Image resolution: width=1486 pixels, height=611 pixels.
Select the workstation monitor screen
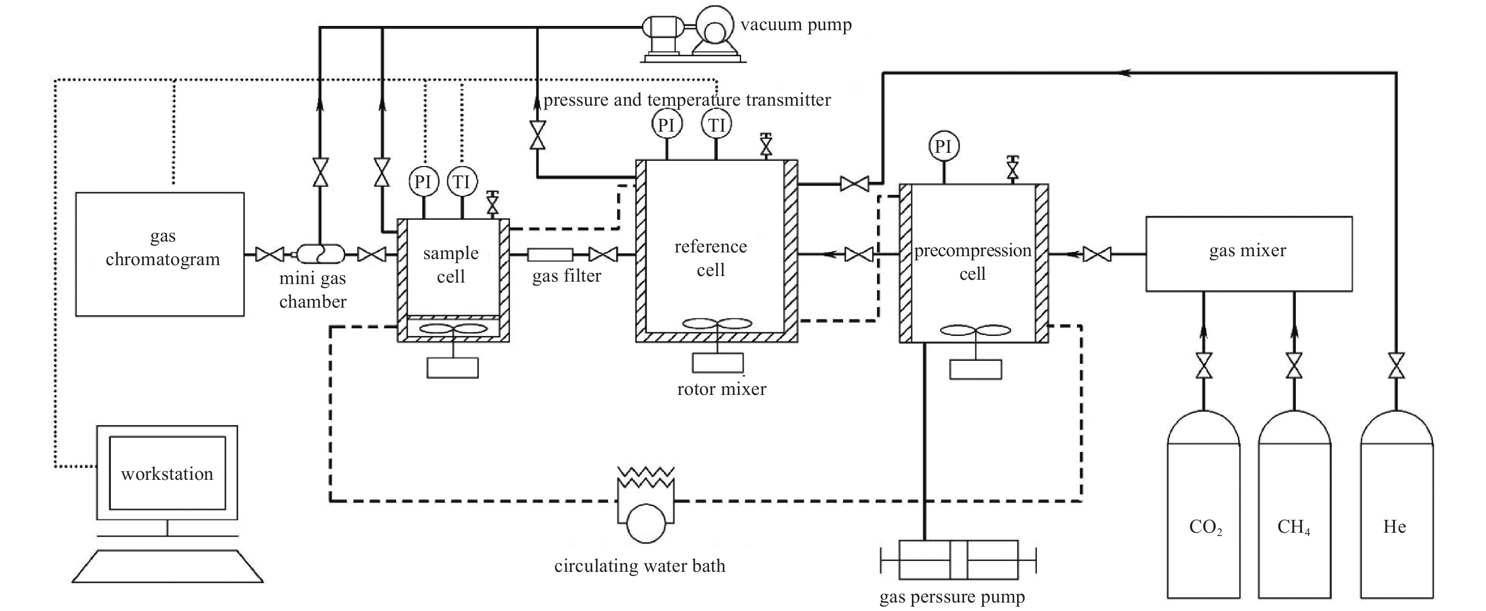tap(167, 473)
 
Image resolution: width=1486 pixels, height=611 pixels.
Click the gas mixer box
tap(1249, 254)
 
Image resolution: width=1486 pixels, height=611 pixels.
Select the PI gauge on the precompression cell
tap(944, 147)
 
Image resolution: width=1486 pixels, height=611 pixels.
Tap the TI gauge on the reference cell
tap(717, 125)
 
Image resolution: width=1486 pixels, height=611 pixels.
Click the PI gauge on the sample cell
tap(424, 182)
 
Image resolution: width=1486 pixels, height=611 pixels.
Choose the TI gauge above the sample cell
tap(461, 182)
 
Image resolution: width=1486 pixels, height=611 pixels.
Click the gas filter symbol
tap(550, 254)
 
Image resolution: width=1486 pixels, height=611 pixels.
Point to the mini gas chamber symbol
tap(320, 254)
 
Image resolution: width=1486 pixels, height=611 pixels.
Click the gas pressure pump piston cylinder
tap(958, 560)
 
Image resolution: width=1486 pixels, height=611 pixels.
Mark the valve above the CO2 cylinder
tap(1204, 366)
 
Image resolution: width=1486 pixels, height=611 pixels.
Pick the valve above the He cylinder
tap(1396, 366)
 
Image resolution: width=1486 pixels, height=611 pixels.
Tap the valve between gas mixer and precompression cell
tap(1097, 254)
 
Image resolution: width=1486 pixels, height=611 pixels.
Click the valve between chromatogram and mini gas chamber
tap(269, 254)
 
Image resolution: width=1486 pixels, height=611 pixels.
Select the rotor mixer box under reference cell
tap(718, 362)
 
